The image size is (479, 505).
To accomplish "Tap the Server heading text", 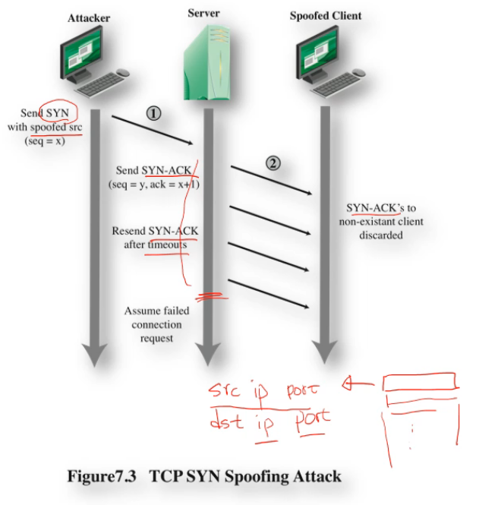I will (x=205, y=13).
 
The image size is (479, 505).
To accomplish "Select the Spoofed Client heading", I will (x=326, y=16).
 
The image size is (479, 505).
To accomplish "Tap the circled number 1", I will (x=153, y=113).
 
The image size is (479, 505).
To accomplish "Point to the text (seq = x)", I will (x=46, y=141).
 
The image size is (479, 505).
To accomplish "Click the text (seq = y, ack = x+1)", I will (x=153, y=184).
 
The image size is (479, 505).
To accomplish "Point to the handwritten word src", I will (x=227, y=390).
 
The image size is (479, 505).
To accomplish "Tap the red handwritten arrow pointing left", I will (x=358, y=384).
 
